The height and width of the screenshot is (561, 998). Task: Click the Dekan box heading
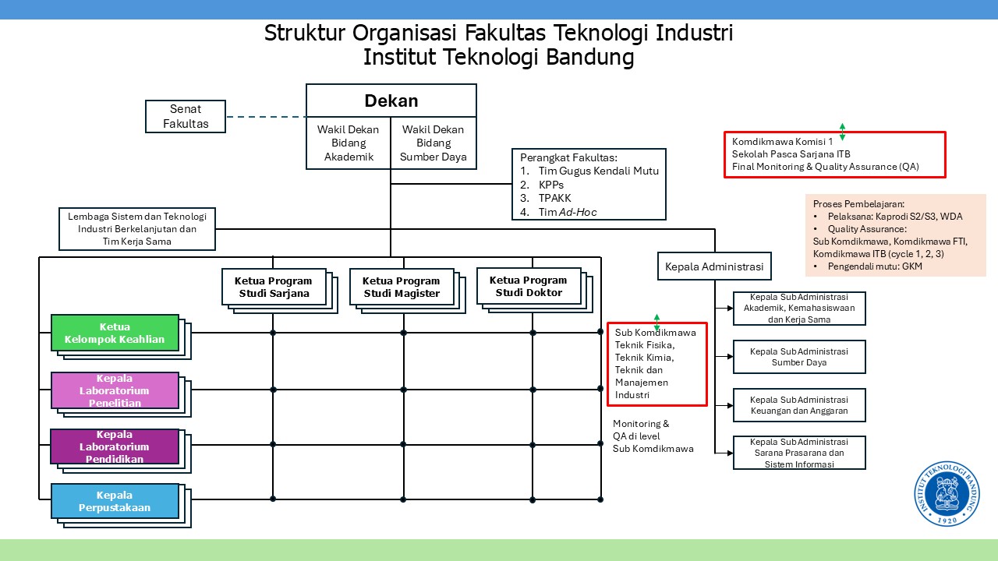tap(391, 101)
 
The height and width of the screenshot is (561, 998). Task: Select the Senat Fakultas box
tap(186, 116)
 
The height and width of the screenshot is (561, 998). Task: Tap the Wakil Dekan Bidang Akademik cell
tap(348, 143)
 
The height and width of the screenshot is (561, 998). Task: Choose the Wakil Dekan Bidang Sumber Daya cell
tap(434, 143)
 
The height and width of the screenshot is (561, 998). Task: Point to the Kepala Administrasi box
tap(714, 266)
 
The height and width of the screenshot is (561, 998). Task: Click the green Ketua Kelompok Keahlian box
tap(115, 333)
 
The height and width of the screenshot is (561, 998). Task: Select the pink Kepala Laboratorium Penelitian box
tap(115, 390)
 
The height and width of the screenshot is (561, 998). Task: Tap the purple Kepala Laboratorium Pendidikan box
tap(115, 446)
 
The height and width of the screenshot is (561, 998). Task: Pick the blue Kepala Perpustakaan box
tap(115, 501)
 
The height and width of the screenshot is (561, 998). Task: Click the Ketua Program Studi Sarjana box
tap(273, 287)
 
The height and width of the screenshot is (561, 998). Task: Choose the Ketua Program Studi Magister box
tap(401, 287)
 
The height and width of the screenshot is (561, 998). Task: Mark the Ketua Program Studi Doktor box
tap(528, 286)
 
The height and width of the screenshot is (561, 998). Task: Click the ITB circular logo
tap(947, 494)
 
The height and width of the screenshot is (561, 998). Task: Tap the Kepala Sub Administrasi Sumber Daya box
tap(799, 357)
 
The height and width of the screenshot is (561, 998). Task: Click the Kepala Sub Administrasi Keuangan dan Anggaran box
tap(799, 405)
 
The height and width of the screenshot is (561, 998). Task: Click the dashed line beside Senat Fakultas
tap(266, 117)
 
